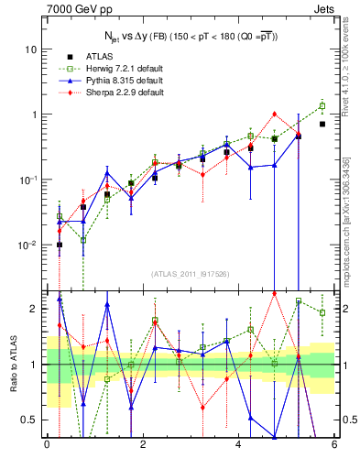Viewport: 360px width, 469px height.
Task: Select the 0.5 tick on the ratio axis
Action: [x=31, y=420]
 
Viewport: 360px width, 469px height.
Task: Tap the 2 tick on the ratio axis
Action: [x=35, y=309]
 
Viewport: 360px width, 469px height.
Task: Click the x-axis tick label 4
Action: [x=238, y=445]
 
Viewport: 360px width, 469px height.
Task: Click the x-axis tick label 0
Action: [x=47, y=445]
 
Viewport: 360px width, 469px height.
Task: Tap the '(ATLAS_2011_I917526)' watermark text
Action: [x=190, y=274]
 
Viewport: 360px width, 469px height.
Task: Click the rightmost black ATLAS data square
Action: [x=322, y=124]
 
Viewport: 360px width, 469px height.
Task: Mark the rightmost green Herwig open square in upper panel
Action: [x=322, y=106]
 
